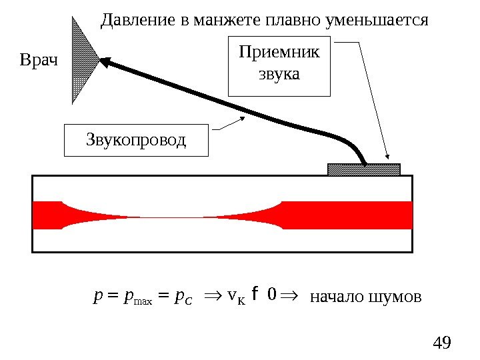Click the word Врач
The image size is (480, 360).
tap(39, 62)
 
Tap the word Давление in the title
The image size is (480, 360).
tap(138, 20)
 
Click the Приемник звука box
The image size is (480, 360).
tap(279, 67)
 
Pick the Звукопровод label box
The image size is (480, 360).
tap(136, 140)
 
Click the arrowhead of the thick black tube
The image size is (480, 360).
tap(105, 61)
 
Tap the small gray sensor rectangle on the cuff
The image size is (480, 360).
tap(364, 169)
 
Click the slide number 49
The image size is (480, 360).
tap(442, 343)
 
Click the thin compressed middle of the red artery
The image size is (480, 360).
tap(172, 217)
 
